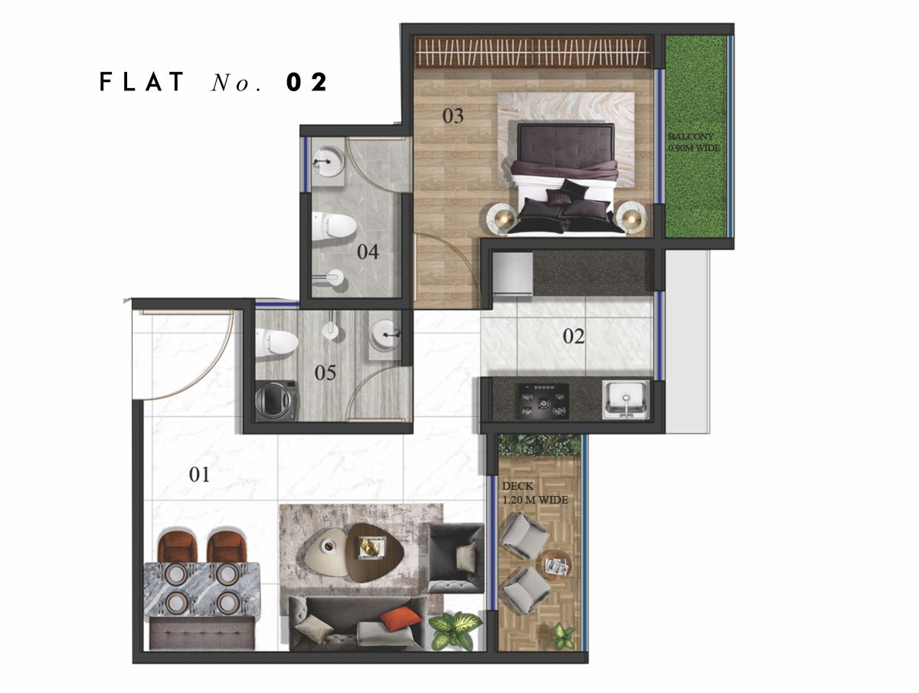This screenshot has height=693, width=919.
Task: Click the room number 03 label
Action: pos(453,116)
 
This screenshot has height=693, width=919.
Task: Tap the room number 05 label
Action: pos(325,373)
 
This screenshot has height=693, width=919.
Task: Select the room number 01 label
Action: pos(199,475)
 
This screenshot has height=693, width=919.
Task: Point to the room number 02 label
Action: pos(574,336)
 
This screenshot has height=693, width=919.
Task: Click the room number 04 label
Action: pos(368,251)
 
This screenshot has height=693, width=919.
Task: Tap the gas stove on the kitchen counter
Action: pos(545,401)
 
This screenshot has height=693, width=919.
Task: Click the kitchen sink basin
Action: pos(626,399)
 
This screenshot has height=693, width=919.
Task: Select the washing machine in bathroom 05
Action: pos(276,401)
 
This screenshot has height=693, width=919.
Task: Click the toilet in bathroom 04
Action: pos(334,225)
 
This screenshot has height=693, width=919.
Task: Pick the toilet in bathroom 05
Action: pos(276,343)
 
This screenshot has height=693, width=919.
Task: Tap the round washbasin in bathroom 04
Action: pos(329,162)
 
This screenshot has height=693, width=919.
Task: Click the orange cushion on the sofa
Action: pos(401,619)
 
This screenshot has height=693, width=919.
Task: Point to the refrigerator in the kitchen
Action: pos(512,272)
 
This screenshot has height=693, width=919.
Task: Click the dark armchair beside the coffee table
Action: pos(456,557)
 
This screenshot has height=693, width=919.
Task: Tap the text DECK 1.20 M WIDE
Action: pos(535,493)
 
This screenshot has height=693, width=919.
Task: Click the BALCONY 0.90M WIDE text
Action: pos(694,143)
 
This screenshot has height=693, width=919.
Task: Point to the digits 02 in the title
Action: pos(306,82)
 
